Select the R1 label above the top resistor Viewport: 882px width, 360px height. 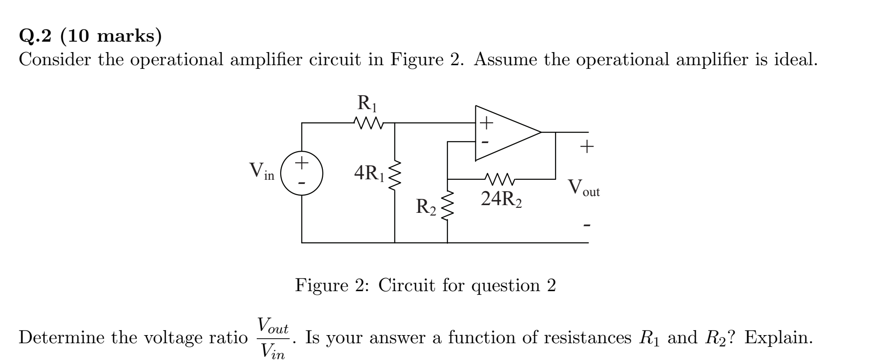tap(367, 104)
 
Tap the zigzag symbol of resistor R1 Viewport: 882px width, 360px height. tap(368, 123)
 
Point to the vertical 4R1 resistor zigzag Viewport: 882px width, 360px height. tap(395, 175)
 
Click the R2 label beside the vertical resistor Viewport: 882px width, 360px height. tap(426, 207)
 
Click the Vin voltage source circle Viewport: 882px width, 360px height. tap(302, 173)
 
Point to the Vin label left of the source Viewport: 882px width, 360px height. tap(262, 171)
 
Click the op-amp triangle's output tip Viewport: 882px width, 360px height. tap(541, 132)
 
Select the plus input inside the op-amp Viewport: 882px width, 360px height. tap(486, 122)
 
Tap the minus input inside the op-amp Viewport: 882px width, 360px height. tap(485, 142)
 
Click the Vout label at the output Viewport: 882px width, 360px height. tap(584, 188)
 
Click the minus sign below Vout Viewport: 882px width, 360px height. tap(587, 225)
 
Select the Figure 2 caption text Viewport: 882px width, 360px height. tap(425, 285)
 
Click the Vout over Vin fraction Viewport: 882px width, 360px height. tap(273, 338)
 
